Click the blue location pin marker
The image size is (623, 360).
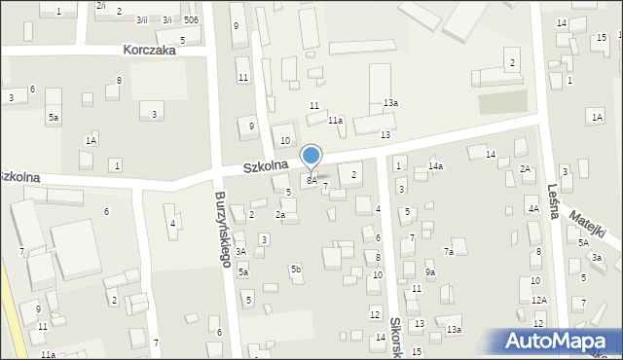[311, 156]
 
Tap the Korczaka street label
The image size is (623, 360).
[150, 51]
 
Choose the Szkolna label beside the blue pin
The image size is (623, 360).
[266, 167]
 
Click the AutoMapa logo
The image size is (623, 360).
[558, 341]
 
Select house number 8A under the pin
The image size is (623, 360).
[311, 180]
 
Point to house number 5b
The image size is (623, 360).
[295, 268]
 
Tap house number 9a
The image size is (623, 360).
[429, 273]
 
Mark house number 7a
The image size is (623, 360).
[449, 252]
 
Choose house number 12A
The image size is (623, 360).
[538, 300]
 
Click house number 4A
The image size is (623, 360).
[532, 209]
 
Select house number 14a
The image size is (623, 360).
[436, 166]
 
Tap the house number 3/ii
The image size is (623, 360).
[142, 20]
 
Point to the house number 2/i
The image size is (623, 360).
[101, 6]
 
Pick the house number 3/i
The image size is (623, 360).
[166, 20]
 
